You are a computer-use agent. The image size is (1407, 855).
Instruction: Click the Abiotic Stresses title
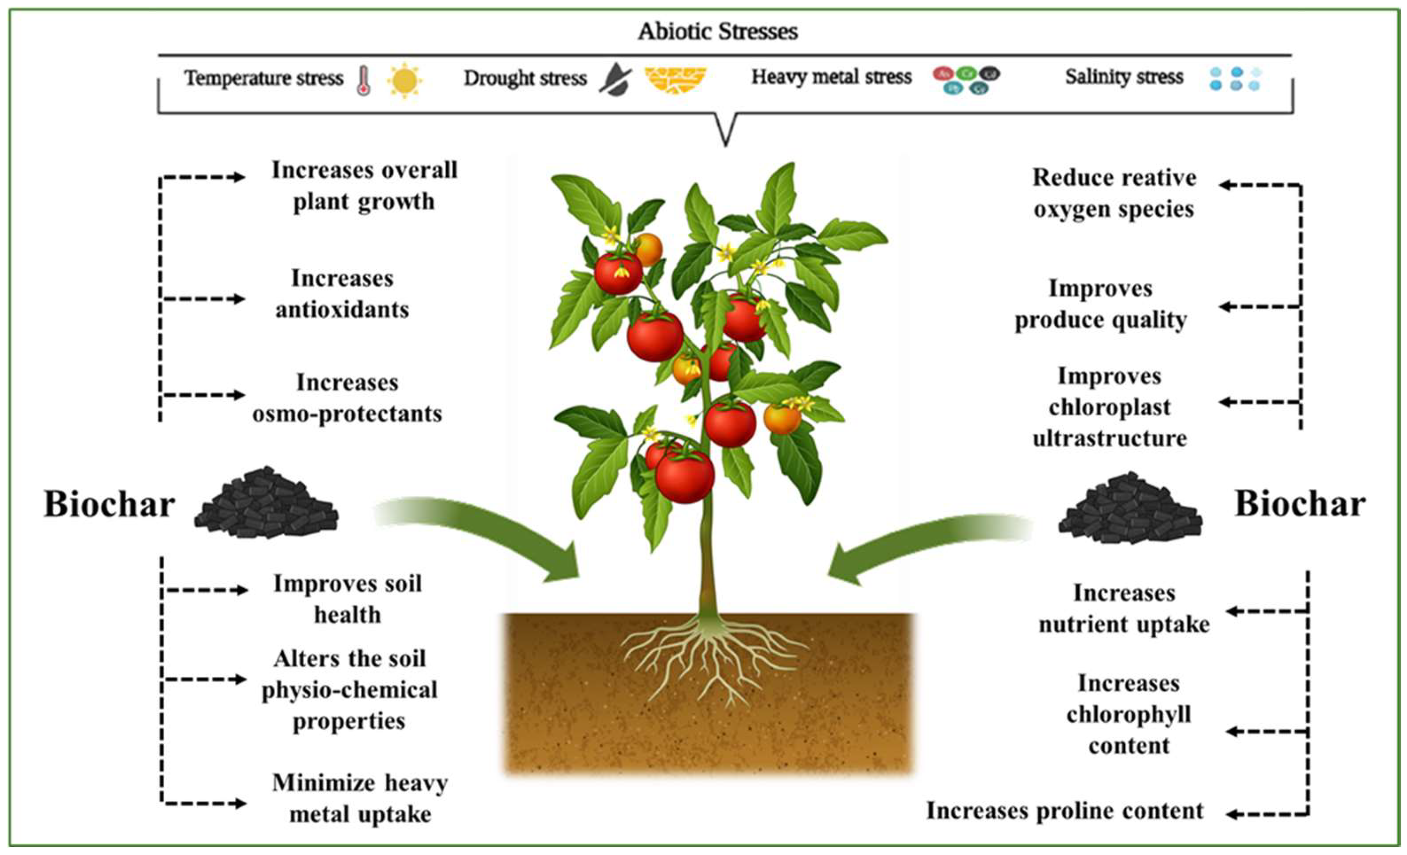tap(717, 32)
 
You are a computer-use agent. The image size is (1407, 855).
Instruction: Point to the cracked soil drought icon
tap(676, 81)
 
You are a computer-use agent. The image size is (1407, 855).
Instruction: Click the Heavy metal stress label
tap(831, 77)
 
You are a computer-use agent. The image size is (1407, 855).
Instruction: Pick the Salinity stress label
tap(1124, 77)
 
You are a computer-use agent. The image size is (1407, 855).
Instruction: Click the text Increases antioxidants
tap(342, 294)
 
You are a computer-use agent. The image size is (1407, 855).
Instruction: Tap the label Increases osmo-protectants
tap(347, 398)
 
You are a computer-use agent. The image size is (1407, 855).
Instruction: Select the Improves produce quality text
tap(1101, 304)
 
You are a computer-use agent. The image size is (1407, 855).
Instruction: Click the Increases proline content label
tap(1064, 811)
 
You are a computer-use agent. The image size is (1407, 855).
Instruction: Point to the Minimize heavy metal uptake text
tap(360, 798)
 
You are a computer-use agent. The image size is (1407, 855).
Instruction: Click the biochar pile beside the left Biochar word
tap(265, 503)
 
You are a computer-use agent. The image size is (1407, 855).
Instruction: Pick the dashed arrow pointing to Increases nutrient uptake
tap(1266, 611)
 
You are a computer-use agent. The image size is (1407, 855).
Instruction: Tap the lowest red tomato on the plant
tap(684, 477)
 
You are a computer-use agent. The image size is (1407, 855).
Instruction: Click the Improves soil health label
tap(347, 599)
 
